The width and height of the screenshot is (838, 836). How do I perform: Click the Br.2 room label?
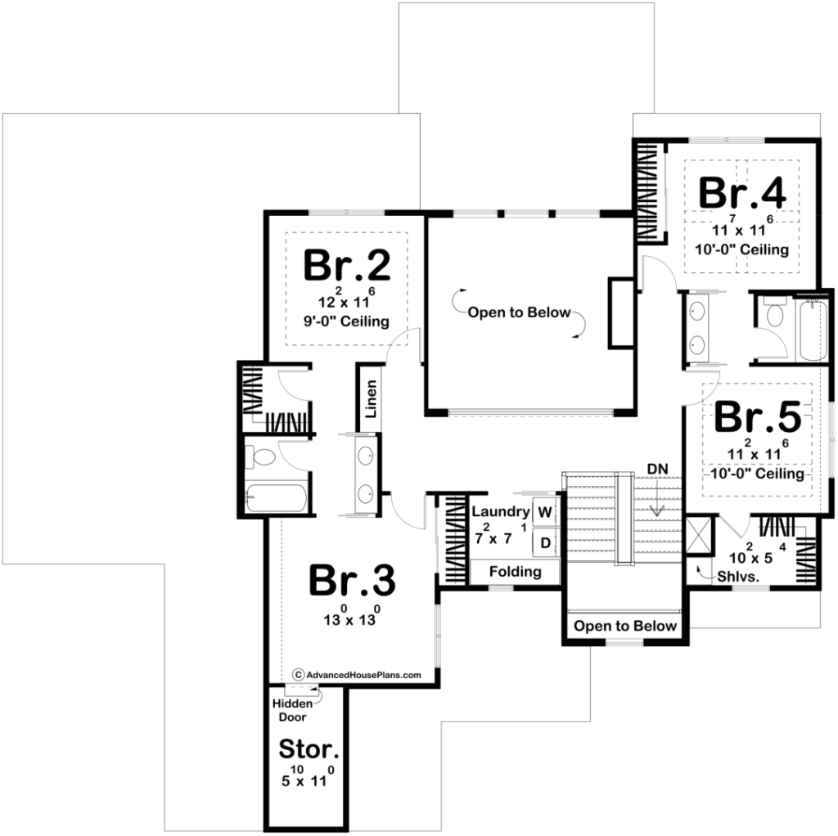click(347, 265)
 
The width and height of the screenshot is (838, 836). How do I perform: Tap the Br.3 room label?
click(352, 580)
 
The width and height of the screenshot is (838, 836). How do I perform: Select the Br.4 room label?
click(742, 193)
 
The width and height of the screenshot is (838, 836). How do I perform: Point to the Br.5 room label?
click(758, 416)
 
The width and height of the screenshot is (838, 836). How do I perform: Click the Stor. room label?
click(309, 749)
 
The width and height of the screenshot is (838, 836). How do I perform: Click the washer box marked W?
click(545, 512)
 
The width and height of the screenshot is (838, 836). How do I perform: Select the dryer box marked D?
click(545, 542)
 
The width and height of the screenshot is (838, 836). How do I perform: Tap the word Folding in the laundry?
click(516, 572)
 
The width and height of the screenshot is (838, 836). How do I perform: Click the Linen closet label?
click(371, 398)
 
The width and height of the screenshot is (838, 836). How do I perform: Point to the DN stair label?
click(657, 469)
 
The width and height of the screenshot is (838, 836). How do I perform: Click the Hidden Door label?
click(292, 710)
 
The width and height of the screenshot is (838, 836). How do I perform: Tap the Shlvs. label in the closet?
click(738, 577)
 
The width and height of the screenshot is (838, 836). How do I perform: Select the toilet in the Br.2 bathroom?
click(261, 458)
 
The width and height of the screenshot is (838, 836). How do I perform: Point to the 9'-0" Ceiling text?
click(346, 321)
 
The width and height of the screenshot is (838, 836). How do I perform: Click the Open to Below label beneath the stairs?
click(624, 626)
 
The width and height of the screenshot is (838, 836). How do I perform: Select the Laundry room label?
click(500, 512)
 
